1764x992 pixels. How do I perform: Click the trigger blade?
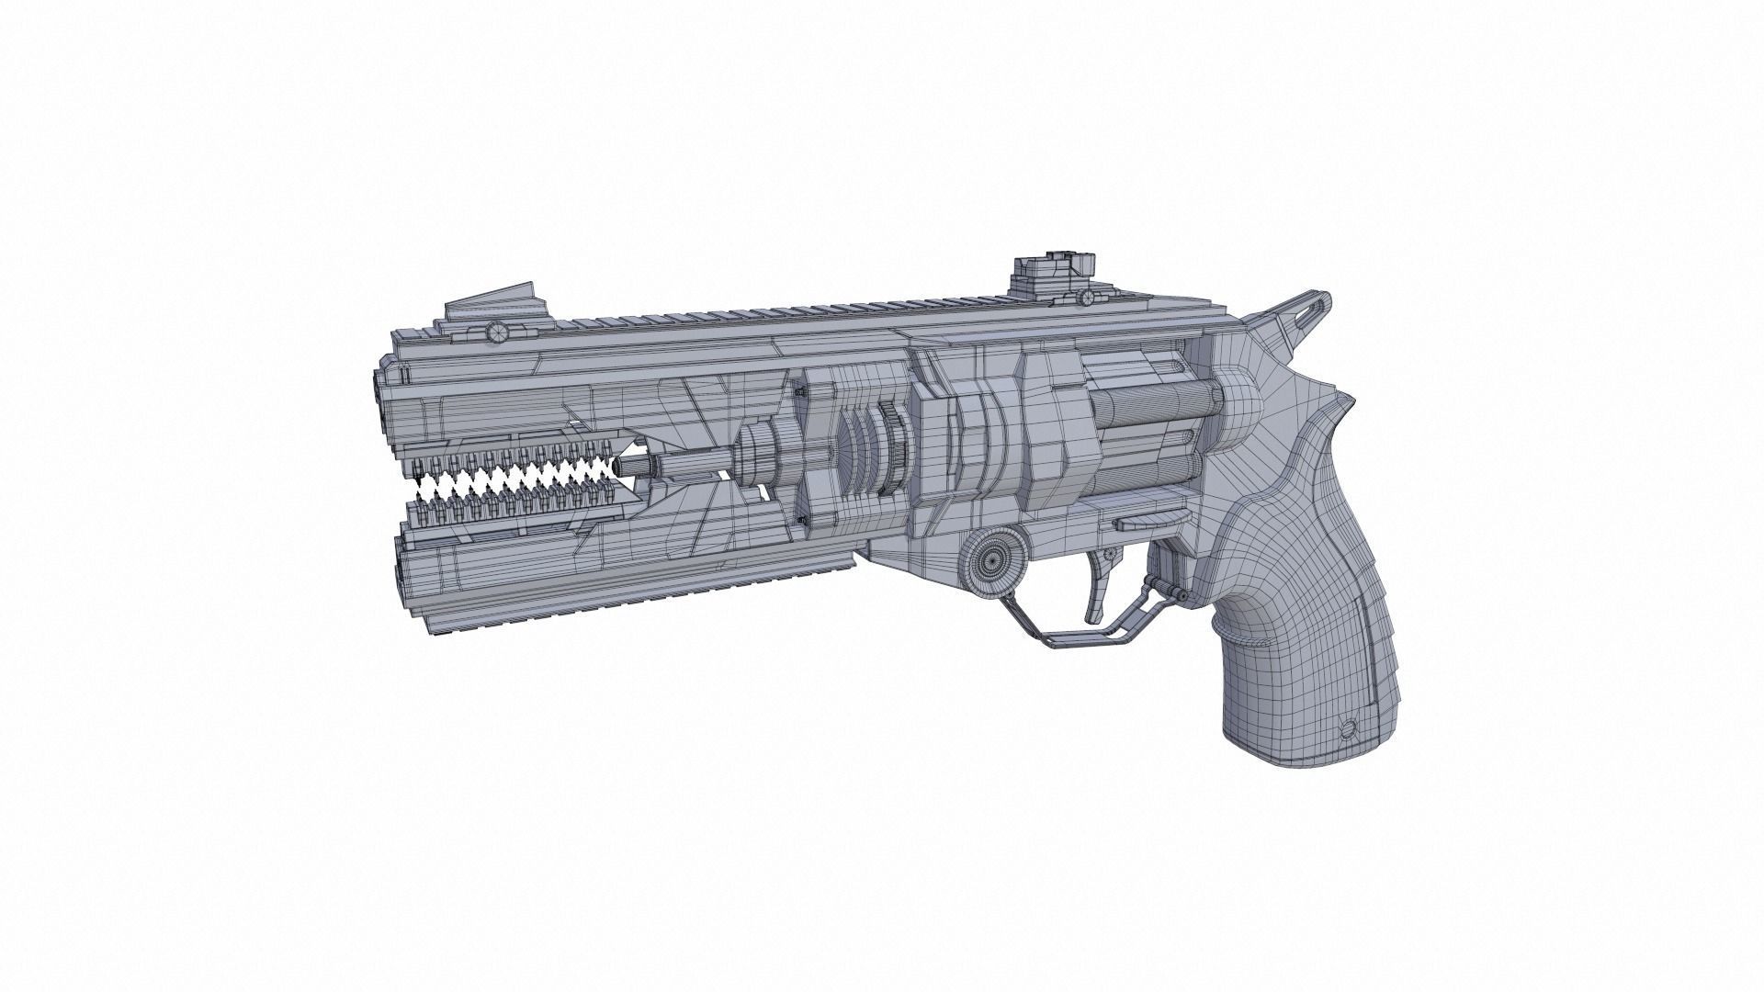[1096, 596]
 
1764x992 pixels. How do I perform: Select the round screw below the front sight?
[497, 331]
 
